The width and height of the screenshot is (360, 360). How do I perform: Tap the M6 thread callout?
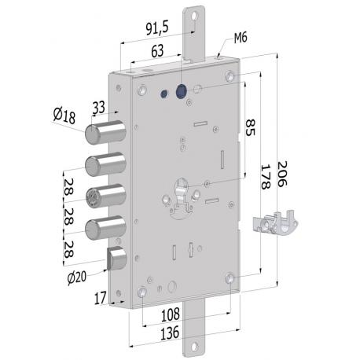[x=242, y=41]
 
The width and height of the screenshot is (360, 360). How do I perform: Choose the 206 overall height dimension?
[x=282, y=169]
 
